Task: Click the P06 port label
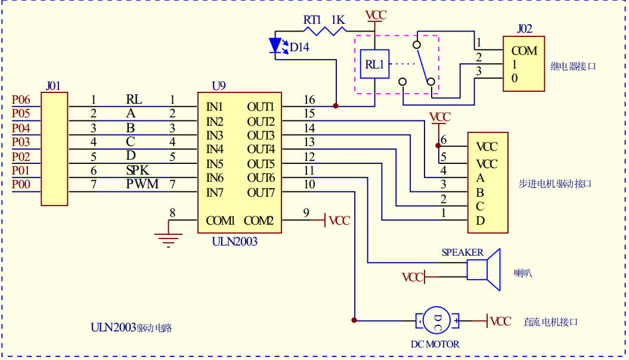pyautogui.click(x=21, y=100)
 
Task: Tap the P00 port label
pyautogui.click(x=21, y=185)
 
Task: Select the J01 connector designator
pyautogui.click(x=53, y=86)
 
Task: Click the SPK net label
pyautogui.click(x=138, y=170)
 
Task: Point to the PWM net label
pyautogui.click(x=142, y=184)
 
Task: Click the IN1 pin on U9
pyautogui.click(x=215, y=107)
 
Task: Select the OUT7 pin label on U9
pyautogui.click(x=261, y=193)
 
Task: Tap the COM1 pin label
pyautogui.click(x=221, y=221)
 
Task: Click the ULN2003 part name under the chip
pyautogui.click(x=235, y=241)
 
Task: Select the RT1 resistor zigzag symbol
pyautogui.click(x=326, y=31)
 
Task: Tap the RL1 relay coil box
pyautogui.click(x=374, y=64)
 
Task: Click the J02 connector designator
pyautogui.click(x=525, y=29)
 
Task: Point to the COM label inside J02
pyautogui.click(x=524, y=51)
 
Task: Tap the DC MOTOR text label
pyautogui.click(x=435, y=344)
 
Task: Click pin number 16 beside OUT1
pyautogui.click(x=309, y=100)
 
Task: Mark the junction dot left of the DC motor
pyautogui.click(x=355, y=321)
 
